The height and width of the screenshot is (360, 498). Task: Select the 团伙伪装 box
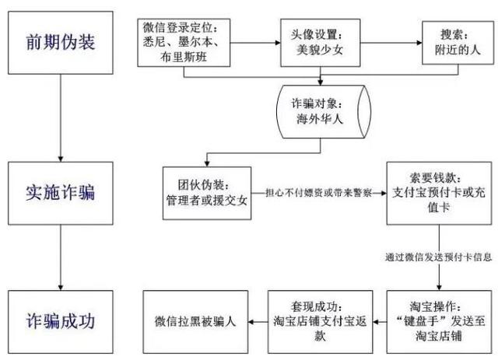(x=208, y=191)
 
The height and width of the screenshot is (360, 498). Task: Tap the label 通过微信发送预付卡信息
(x=438, y=256)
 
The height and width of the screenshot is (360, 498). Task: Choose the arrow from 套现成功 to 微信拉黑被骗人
(x=258, y=319)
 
